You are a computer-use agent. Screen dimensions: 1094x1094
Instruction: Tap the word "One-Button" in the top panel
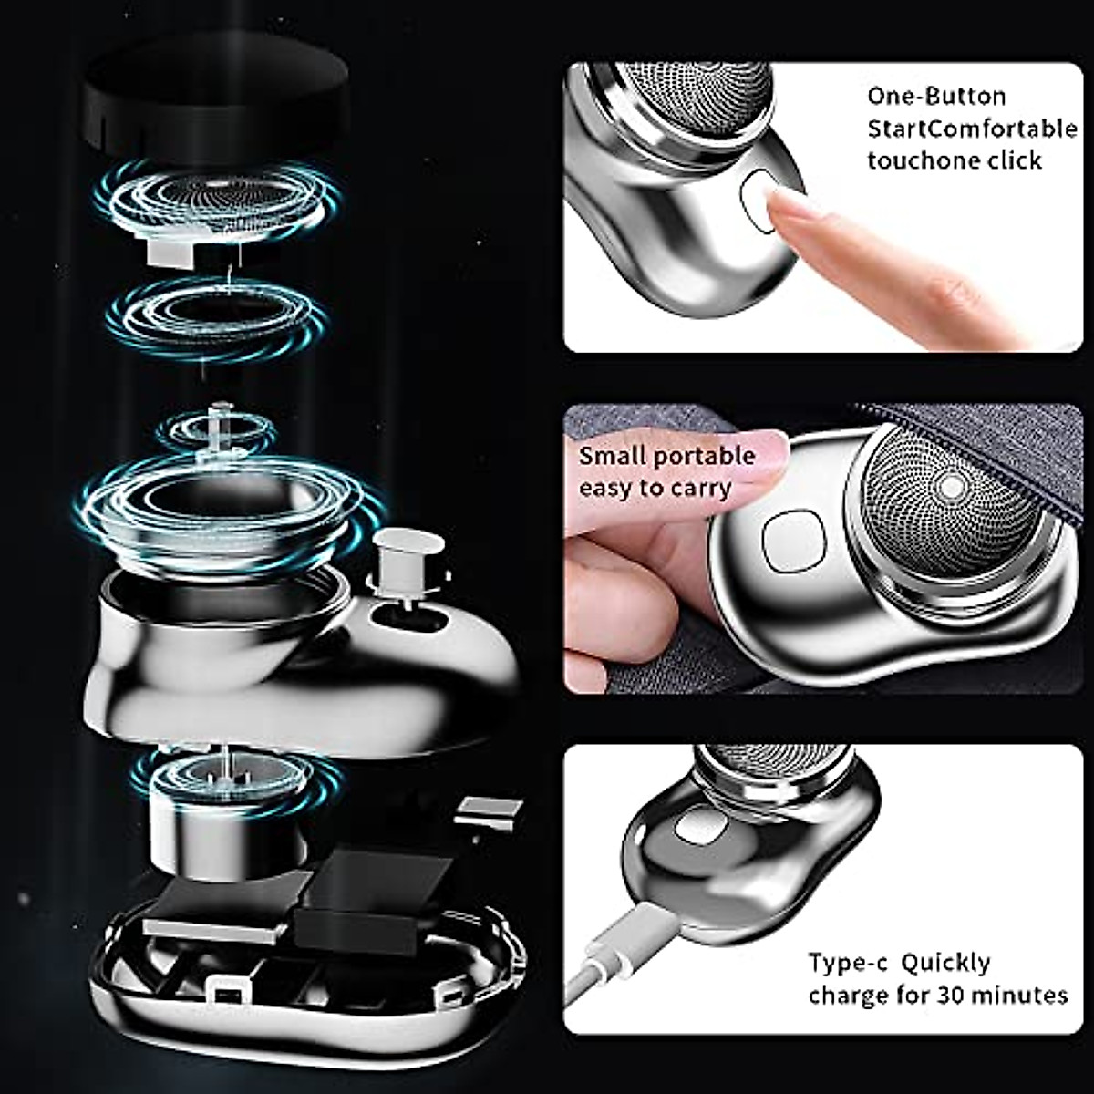pos(923,96)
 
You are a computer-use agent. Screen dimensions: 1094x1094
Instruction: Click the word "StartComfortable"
pos(971,129)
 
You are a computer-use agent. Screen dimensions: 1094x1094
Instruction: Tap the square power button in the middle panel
pos(792,542)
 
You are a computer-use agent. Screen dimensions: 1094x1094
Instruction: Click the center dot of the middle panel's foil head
pos(952,486)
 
